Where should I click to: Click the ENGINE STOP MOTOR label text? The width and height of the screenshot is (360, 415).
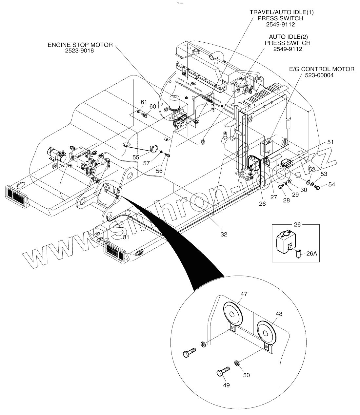click(x=80, y=45)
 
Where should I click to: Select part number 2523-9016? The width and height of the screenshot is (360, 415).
click(x=80, y=51)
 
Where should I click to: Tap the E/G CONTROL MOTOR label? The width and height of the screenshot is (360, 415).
click(x=322, y=69)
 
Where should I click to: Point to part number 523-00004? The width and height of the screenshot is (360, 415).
click(x=322, y=75)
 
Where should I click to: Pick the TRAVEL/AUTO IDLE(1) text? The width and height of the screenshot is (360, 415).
click(x=282, y=12)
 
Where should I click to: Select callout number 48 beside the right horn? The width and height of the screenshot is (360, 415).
click(x=279, y=314)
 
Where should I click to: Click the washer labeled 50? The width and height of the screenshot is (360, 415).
click(x=237, y=363)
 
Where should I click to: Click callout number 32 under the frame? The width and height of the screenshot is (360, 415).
click(x=224, y=234)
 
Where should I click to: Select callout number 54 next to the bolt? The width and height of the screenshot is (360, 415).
click(x=332, y=185)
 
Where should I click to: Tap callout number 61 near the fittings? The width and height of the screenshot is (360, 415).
click(x=144, y=102)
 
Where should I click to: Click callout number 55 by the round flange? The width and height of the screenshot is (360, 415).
click(x=136, y=157)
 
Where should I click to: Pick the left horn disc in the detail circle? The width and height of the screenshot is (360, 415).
click(x=233, y=315)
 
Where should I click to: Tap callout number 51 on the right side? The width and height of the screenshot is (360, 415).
click(x=330, y=142)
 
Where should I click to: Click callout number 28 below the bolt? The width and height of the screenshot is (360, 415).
click(x=286, y=200)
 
